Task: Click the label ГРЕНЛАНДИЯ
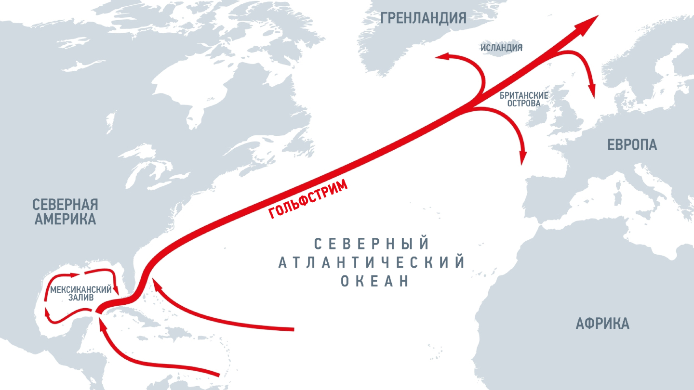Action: [423, 18]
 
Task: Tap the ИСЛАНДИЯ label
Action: [501, 48]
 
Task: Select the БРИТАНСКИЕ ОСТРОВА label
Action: [524, 99]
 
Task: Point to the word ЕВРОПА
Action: [632, 144]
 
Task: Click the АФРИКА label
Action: [602, 324]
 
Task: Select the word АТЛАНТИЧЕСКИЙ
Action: [372, 262]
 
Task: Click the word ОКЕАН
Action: [375, 281]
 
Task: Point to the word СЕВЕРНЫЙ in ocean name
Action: [372, 244]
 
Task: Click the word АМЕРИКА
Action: [65, 220]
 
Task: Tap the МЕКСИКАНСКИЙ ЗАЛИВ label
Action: [81, 293]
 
